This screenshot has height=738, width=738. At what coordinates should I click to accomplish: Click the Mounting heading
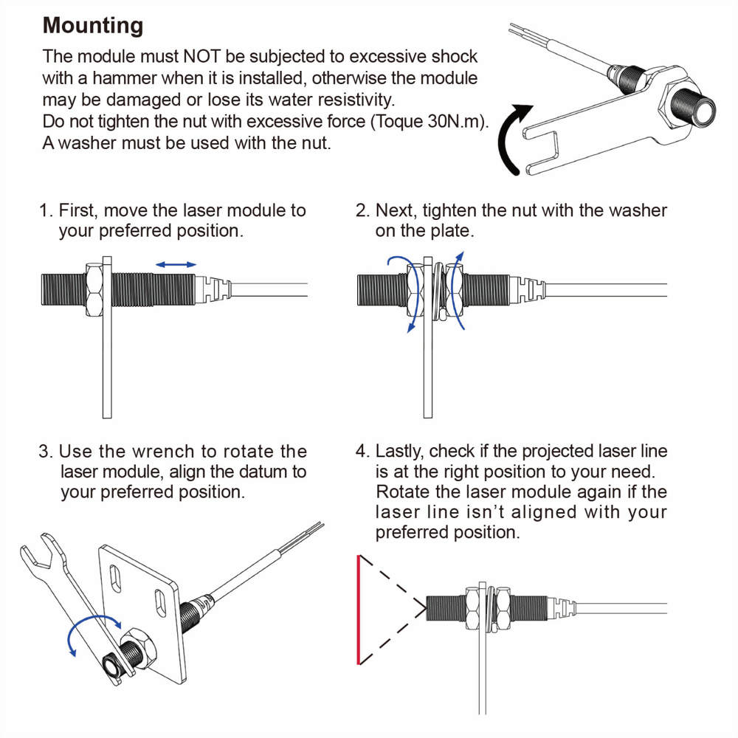tap(93, 26)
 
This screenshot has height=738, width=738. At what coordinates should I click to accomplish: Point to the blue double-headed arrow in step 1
tap(176, 263)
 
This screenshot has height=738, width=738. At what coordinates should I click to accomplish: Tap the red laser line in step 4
tap(358, 610)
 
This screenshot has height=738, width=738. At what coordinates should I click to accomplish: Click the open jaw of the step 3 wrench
tap(32, 550)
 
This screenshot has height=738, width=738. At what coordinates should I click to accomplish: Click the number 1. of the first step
tap(46, 210)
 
